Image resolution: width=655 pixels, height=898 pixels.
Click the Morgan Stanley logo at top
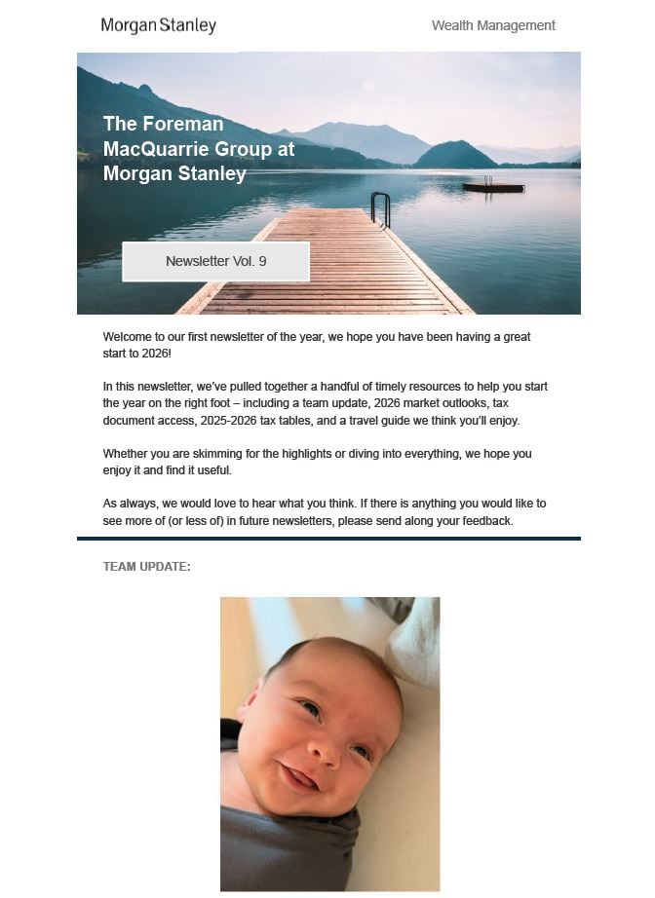point(158,25)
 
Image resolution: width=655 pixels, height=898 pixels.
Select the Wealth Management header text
point(493,25)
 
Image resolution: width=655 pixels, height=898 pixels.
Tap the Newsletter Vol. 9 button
point(215,261)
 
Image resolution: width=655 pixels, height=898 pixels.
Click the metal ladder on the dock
point(380,208)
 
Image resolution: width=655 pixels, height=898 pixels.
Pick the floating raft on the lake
point(492,186)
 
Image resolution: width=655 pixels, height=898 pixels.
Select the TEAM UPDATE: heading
point(146,567)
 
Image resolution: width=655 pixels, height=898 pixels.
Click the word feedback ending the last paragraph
point(484,521)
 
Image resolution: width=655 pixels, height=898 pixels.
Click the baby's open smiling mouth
point(296,776)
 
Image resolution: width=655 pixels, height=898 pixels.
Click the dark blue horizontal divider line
point(328,538)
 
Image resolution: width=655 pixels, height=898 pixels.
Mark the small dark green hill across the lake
point(455,155)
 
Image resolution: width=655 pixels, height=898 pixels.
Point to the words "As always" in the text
point(128,504)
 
